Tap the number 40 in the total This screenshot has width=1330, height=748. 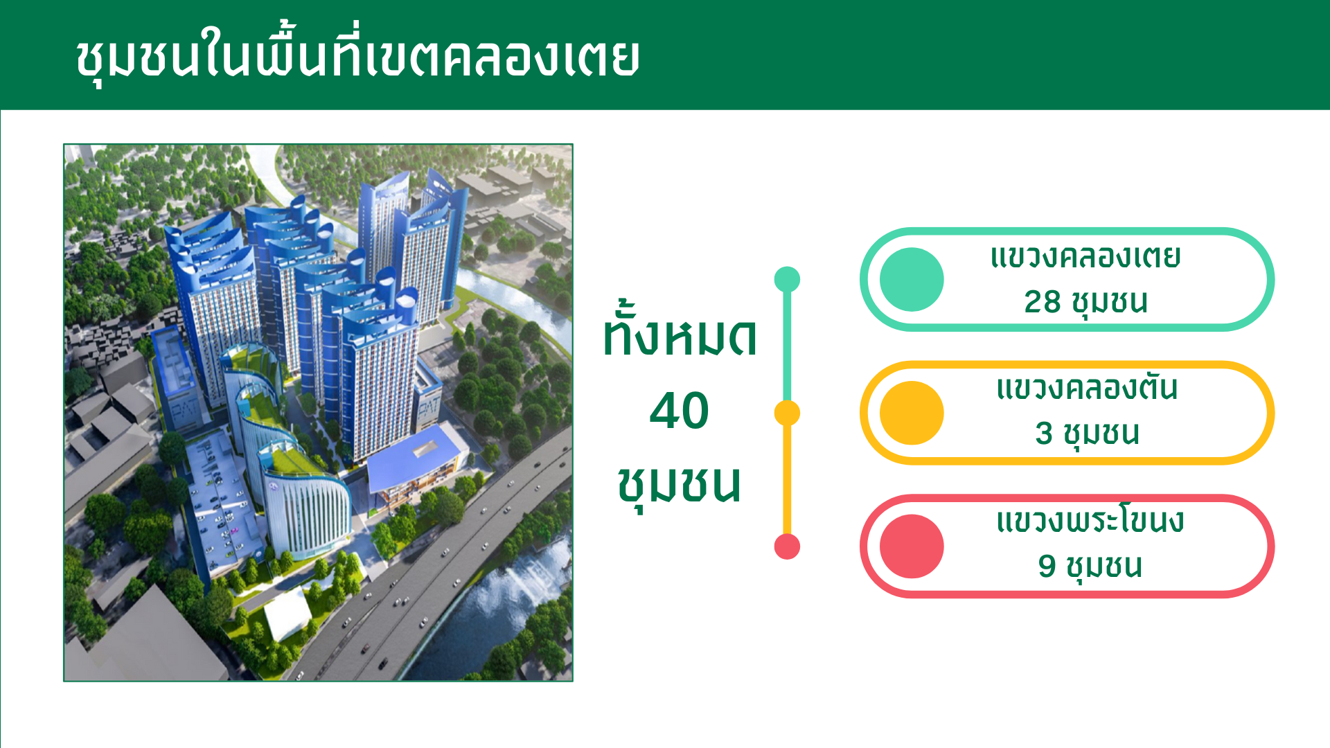[x=680, y=411]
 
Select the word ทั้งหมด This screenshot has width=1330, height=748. [x=680, y=330]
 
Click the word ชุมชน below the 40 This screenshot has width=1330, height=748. [x=680, y=486]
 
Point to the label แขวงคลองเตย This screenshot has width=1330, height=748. [x=1085, y=258]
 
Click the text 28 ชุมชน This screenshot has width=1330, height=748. [x=1085, y=303]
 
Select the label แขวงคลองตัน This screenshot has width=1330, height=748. [x=1087, y=388]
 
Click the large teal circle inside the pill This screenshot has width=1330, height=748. [x=912, y=280]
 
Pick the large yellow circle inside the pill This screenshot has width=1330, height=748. [x=912, y=413]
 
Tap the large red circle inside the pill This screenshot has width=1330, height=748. [x=912, y=546]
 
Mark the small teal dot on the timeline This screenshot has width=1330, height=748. [x=787, y=280]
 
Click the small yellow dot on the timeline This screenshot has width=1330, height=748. [x=787, y=413]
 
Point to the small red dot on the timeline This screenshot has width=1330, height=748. [x=787, y=546]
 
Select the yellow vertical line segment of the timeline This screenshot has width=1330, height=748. [x=787, y=479]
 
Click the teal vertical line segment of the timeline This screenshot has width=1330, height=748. [x=787, y=346]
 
